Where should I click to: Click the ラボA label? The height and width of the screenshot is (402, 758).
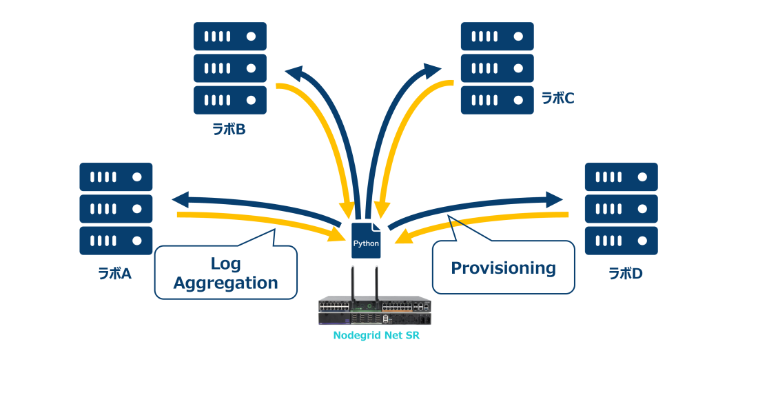[114, 274]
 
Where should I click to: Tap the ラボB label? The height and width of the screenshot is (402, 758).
[229, 129]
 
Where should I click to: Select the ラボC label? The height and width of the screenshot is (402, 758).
[557, 99]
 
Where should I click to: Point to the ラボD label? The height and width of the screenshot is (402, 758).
[625, 274]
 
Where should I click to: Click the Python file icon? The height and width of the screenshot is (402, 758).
[366, 241]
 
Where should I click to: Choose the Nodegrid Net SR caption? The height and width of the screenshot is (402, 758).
[376, 336]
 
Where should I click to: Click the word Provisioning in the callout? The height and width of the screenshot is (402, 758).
[503, 268]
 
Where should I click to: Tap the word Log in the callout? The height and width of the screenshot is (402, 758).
[225, 263]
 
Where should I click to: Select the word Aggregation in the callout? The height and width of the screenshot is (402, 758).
[225, 283]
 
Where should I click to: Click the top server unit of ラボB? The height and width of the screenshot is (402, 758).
[229, 36]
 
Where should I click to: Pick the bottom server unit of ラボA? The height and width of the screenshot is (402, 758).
[116, 241]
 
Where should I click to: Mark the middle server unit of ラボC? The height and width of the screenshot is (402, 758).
[497, 68]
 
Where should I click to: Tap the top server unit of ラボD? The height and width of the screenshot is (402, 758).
[621, 177]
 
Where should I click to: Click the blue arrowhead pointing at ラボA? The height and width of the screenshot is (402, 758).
[179, 200]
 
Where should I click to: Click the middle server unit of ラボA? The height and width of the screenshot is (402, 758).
[116, 208]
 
